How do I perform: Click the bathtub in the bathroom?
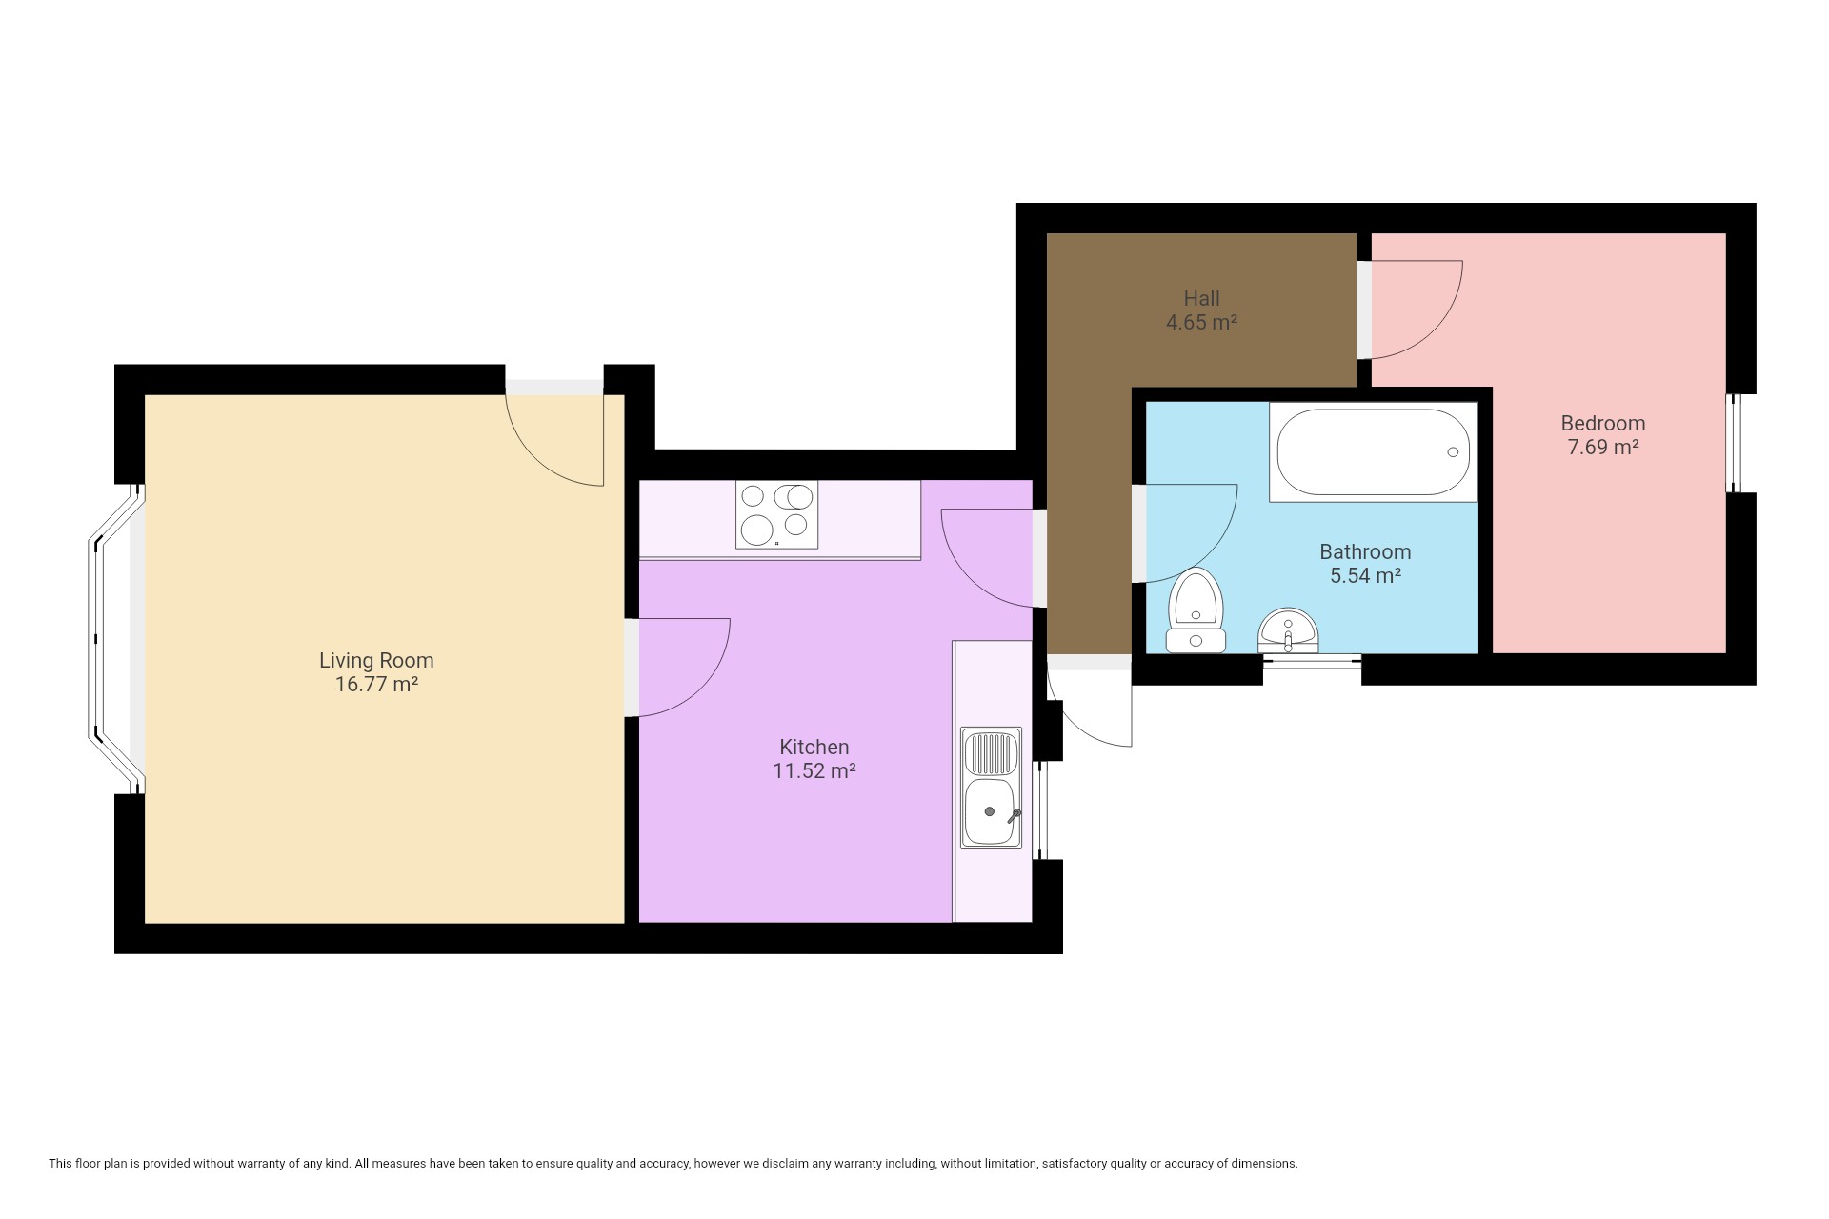pyautogui.click(x=1373, y=452)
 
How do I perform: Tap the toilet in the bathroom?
pyautogui.click(x=1196, y=610)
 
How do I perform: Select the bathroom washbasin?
pyautogui.click(x=1288, y=630)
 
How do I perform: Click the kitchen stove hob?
pyautogui.click(x=776, y=514)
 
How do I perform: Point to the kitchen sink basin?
pyautogui.click(x=992, y=812)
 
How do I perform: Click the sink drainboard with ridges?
pyautogui.click(x=992, y=752)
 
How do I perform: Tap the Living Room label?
pyautogui.click(x=376, y=660)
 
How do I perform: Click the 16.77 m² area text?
pyautogui.click(x=376, y=684)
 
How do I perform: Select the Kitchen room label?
pyautogui.click(x=814, y=747)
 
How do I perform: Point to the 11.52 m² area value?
pyautogui.click(x=814, y=770)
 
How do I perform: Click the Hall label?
pyautogui.click(x=1202, y=298)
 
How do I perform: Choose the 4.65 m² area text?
pyautogui.click(x=1202, y=322)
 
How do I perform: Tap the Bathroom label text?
pyautogui.click(x=1365, y=551)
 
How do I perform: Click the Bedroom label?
pyautogui.click(x=1603, y=423)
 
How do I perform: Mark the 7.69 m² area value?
pyautogui.click(x=1603, y=447)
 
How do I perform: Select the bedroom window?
pyautogui.click(x=1736, y=443)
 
